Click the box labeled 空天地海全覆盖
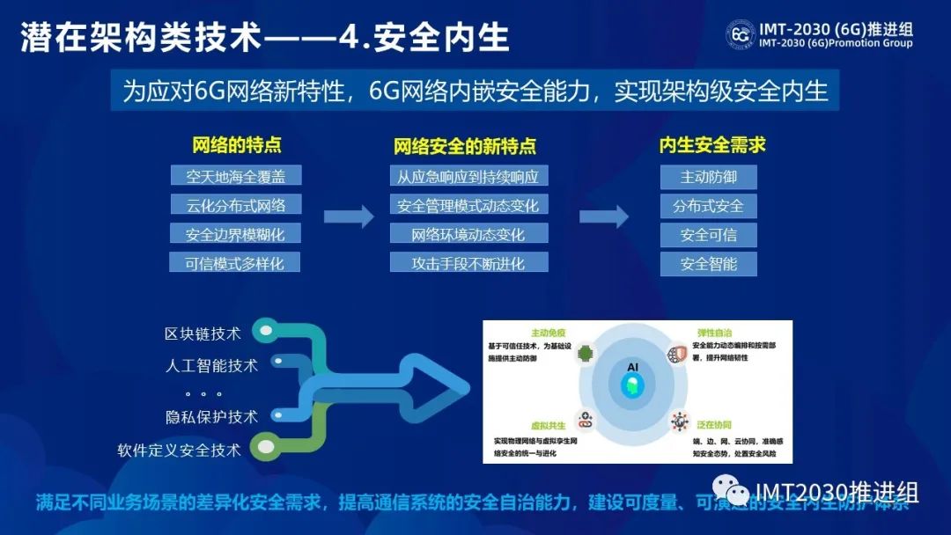236,176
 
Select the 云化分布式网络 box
236,205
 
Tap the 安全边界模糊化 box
236,234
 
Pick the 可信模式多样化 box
236,262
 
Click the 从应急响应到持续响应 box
468,176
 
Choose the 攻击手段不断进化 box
468,262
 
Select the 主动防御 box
709,177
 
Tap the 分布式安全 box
709,206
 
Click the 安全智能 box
709,263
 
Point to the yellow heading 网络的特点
237,145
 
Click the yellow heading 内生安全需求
711,145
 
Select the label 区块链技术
203,333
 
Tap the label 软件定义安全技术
179,451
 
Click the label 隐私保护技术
211,417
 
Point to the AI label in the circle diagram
632,366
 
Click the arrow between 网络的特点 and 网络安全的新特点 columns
349,216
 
